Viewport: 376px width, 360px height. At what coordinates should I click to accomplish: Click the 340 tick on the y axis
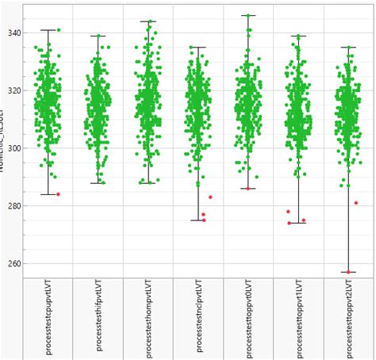click(x=13, y=33)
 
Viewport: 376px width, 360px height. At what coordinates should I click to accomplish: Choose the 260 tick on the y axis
click(x=13, y=263)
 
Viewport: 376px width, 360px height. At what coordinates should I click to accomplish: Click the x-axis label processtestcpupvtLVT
click(x=48, y=318)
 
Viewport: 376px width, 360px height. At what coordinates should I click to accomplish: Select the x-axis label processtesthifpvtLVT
click(x=98, y=318)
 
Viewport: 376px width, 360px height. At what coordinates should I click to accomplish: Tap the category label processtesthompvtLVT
click(x=148, y=318)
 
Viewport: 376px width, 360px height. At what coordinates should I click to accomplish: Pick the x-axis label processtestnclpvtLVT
click(x=198, y=318)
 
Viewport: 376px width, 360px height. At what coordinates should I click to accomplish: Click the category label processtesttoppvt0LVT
click(x=248, y=316)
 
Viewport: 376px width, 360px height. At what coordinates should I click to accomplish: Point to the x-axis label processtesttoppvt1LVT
click(x=298, y=316)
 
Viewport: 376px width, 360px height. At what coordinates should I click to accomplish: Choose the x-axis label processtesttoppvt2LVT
click(x=348, y=316)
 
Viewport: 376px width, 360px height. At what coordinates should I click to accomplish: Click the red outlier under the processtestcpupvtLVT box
click(x=58, y=194)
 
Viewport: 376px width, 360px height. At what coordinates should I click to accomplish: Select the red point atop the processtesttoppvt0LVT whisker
click(x=248, y=15)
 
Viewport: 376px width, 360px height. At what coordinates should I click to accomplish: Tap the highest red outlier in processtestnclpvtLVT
click(x=210, y=197)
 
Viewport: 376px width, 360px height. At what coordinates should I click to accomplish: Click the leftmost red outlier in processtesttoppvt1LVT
click(x=288, y=212)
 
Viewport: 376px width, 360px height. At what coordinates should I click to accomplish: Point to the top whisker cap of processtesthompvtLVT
click(x=148, y=21)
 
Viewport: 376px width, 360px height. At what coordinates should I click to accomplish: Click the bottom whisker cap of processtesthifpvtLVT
click(x=98, y=183)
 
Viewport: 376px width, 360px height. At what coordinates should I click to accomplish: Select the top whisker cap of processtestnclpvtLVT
click(x=198, y=47)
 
